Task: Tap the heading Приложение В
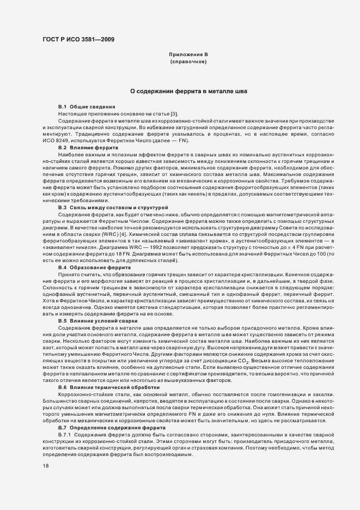pyautogui.click(x=188, y=55)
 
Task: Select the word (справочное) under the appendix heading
pyautogui.click(x=188, y=63)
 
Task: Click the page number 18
pyautogui.click(x=46, y=466)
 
